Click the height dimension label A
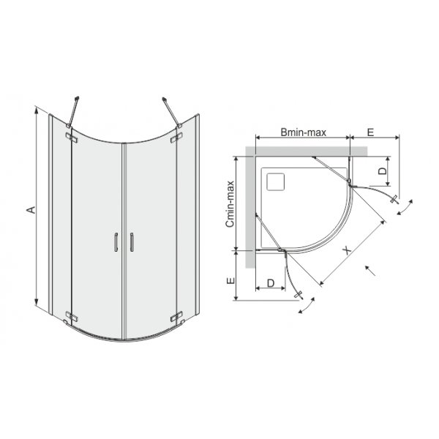[x=29, y=210]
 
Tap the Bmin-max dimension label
[x=302, y=133]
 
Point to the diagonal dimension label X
[x=346, y=249]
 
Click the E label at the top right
[x=370, y=133]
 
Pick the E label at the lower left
[x=229, y=280]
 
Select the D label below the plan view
[x=271, y=282]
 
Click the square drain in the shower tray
[x=278, y=179]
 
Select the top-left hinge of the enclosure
[x=71, y=136]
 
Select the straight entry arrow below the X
[x=368, y=269]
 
